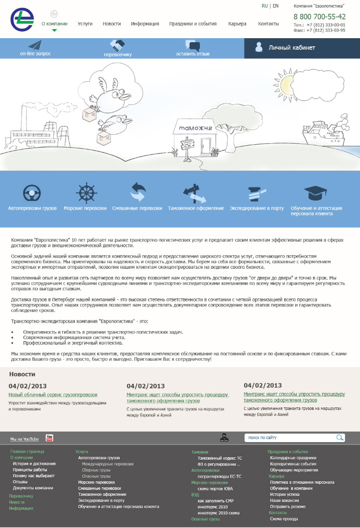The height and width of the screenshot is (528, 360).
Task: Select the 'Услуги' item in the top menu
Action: pos(85,24)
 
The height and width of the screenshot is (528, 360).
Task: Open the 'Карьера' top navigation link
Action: pos(237,24)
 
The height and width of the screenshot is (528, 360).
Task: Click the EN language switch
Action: pos(276,6)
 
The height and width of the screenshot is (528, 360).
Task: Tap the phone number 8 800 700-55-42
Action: pos(319,17)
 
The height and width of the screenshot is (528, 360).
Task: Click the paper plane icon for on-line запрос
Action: pos(35,45)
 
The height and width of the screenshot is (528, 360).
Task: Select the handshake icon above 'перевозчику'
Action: pos(117,45)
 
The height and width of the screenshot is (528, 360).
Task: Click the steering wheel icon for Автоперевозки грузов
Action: pos(32,192)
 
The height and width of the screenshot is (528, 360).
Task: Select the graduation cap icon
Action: pos(316,193)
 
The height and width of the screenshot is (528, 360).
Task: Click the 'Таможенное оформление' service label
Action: pos(196,208)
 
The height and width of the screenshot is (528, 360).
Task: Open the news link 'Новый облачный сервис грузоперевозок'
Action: pos(53,395)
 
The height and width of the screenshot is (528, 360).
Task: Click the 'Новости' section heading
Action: pos(22,374)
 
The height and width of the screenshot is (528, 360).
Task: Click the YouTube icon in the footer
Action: pos(49,438)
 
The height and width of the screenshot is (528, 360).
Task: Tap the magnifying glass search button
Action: pos(340,438)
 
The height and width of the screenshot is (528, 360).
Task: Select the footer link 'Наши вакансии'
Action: pos(284,500)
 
